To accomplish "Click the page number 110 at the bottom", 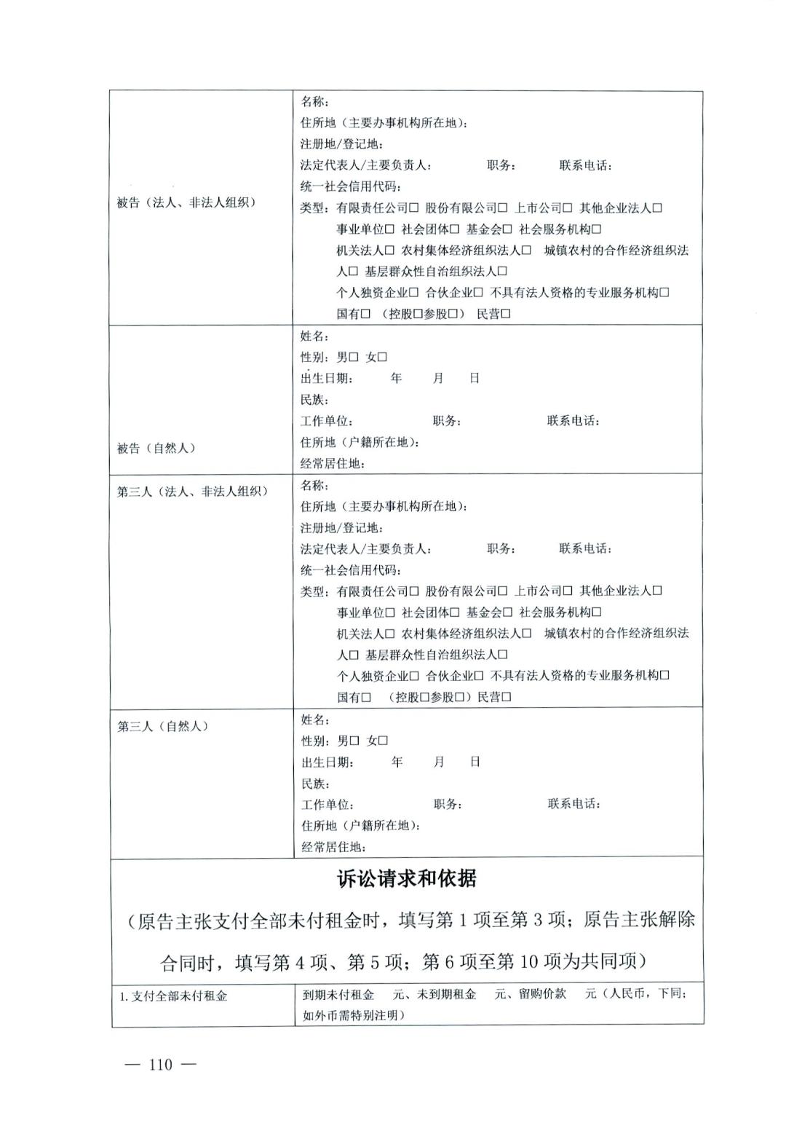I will (x=161, y=1065).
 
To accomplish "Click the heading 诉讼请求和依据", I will (x=407, y=878).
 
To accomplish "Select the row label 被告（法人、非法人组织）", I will (x=186, y=202).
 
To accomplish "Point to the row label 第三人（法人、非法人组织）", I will (x=192, y=492).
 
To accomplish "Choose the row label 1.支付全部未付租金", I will (x=173, y=996).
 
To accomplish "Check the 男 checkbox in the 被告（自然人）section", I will (x=354, y=357).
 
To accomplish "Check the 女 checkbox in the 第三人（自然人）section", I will (x=384, y=741).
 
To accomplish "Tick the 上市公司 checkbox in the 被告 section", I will (x=568, y=208).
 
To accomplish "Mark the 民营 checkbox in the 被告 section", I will (x=506, y=314).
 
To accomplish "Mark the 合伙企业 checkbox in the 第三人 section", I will (x=479, y=676).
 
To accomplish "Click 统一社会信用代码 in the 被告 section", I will (x=350, y=186).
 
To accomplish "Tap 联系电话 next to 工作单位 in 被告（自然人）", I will (x=573, y=421).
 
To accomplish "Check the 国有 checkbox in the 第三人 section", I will (x=367, y=697).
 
